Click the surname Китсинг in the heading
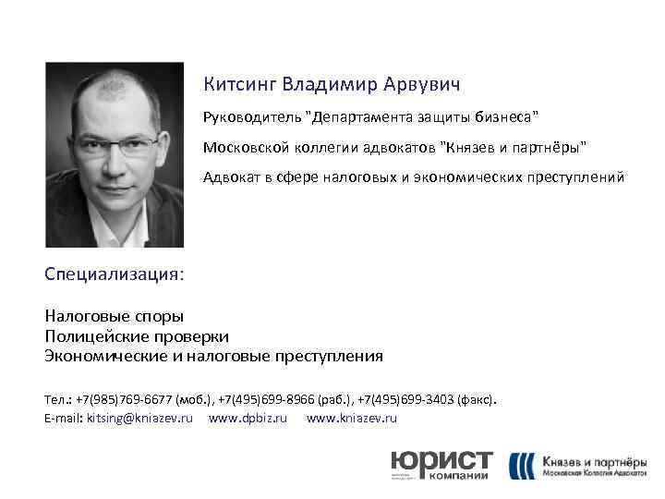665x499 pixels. click(239, 86)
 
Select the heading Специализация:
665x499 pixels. click(114, 274)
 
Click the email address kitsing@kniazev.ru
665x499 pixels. click(139, 419)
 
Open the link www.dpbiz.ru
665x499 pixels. click(248, 419)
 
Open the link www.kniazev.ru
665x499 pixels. click(351, 419)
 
